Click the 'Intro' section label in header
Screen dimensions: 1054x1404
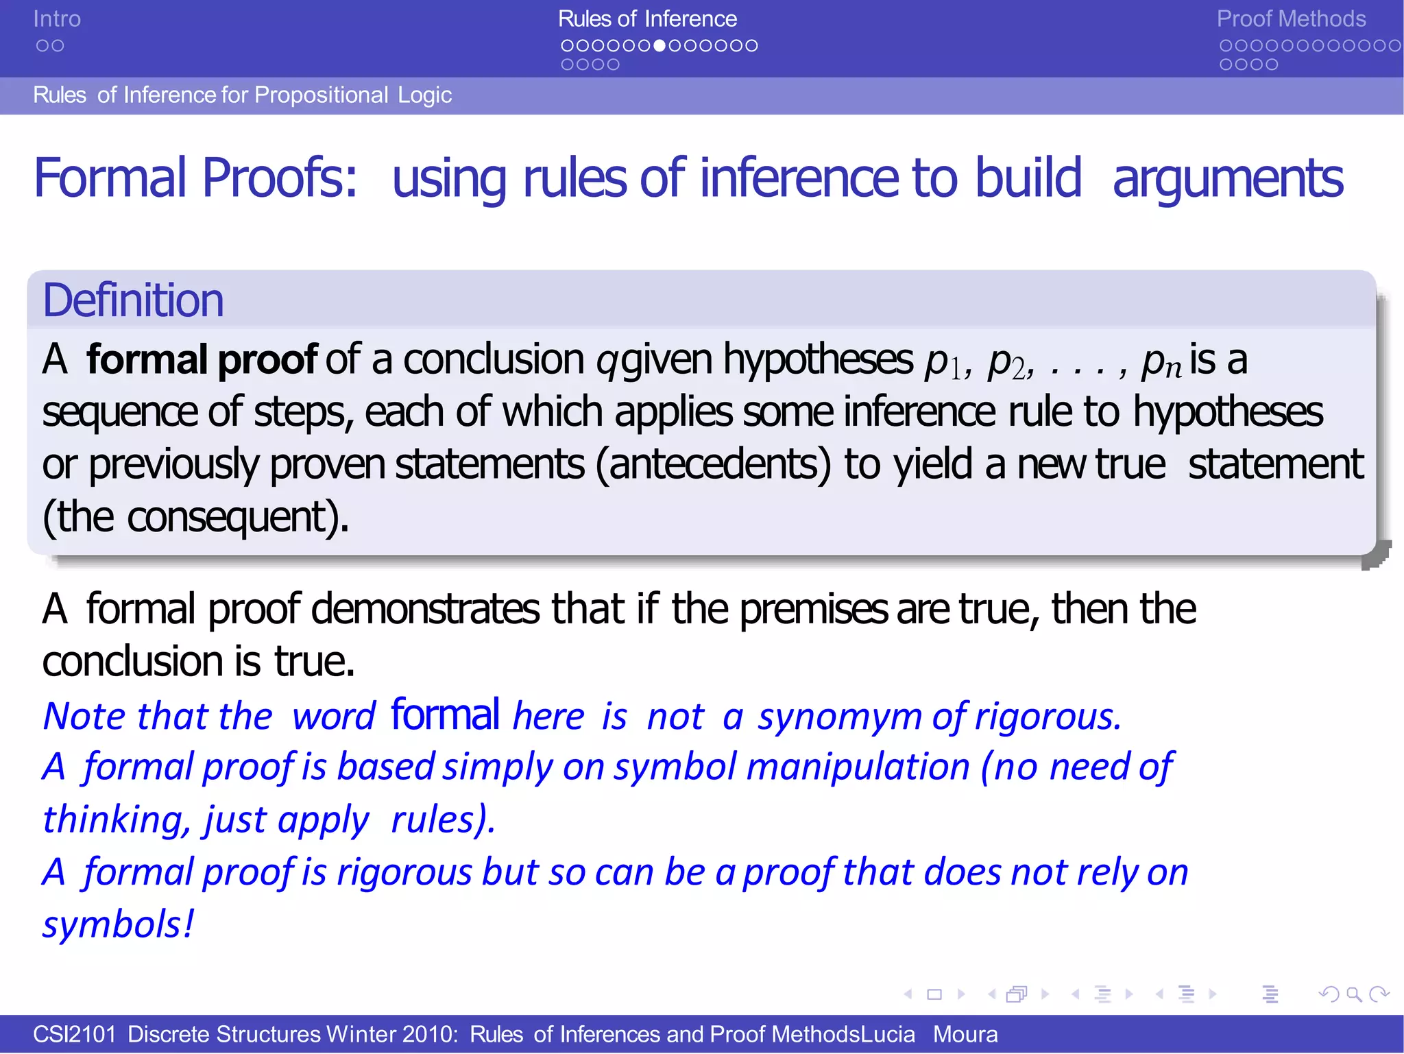coord(57,19)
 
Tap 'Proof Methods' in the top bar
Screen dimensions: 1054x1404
coord(1291,19)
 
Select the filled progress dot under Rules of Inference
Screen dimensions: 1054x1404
coord(659,46)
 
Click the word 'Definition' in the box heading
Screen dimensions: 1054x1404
coord(133,300)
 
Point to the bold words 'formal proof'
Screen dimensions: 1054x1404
coord(202,359)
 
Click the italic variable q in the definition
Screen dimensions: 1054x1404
coord(607,361)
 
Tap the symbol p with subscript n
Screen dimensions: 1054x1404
coord(1161,361)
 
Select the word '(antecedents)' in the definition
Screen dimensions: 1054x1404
coord(713,464)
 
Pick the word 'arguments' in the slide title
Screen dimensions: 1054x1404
coord(1227,178)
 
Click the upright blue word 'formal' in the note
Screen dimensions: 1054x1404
coord(445,715)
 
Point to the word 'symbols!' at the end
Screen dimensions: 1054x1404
coord(118,924)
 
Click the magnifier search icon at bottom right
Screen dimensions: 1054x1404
coord(1353,994)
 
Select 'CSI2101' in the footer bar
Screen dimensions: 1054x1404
coord(75,1034)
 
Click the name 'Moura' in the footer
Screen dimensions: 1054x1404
coord(965,1034)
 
